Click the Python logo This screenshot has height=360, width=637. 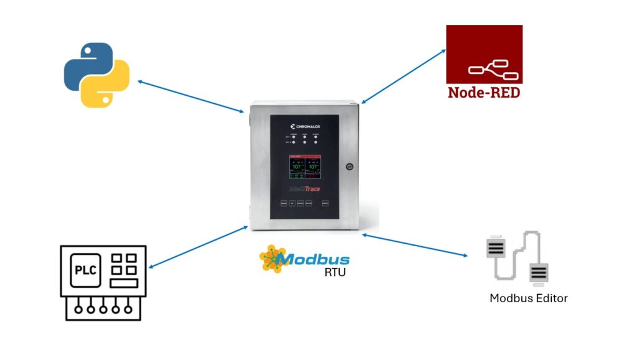[96, 75]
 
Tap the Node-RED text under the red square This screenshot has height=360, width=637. [483, 93]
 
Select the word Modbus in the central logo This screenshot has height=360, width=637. [314, 259]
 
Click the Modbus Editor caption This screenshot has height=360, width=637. [528, 298]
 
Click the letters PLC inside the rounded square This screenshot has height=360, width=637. [85, 269]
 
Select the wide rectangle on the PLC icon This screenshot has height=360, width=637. [124, 284]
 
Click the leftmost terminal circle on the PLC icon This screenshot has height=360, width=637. [78, 307]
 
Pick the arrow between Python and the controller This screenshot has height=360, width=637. [190, 96]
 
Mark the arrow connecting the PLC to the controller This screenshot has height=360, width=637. [198, 247]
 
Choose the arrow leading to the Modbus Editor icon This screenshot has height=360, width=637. [414, 245]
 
